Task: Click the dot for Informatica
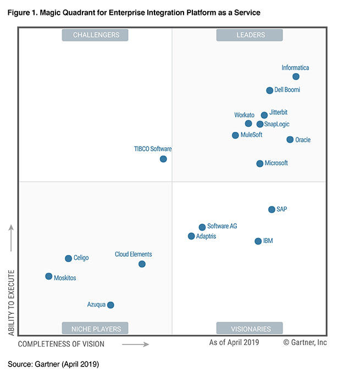pos(296,77)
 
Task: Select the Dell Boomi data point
pos(269,91)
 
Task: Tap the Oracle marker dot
pos(290,140)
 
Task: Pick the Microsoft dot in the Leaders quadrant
pos(260,164)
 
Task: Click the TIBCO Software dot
pos(163,159)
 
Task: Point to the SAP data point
pos(272,209)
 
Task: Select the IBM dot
pos(258,241)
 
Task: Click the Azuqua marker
pos(110,305)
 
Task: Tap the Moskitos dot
pos(49,276)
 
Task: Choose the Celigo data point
pos(68,258)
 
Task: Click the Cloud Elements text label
pos(133,254)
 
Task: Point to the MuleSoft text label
pos(251,135)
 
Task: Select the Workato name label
pos(244,115)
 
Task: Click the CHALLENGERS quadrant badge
pos(95,35)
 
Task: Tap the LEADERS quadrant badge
pos(250,35)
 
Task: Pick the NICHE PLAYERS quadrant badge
pos(95,329)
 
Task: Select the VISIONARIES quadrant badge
pos(250,329)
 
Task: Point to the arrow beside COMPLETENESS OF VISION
pos(135,344)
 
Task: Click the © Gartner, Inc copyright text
pos(304,342)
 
